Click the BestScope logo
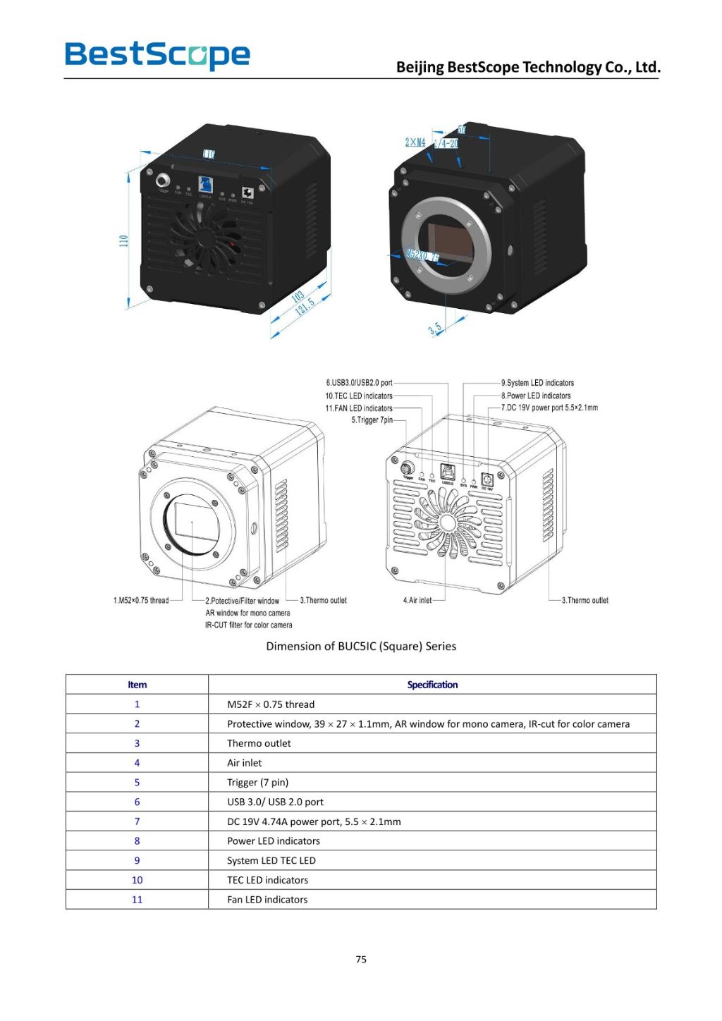157,55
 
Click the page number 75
361,959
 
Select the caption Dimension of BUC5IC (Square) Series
361,646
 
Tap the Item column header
137,685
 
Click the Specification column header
432,685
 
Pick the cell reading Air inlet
244,763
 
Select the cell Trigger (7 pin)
257,783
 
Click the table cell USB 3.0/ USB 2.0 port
275,802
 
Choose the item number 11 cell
137,900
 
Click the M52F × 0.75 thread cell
271,704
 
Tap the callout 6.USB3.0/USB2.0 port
359,383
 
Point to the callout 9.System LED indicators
537,383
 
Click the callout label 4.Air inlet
417,601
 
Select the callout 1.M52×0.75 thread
141,601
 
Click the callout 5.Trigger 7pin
372,420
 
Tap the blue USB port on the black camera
206,183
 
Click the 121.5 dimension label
305,307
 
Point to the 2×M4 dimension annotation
415,142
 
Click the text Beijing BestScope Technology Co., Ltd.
528,67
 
